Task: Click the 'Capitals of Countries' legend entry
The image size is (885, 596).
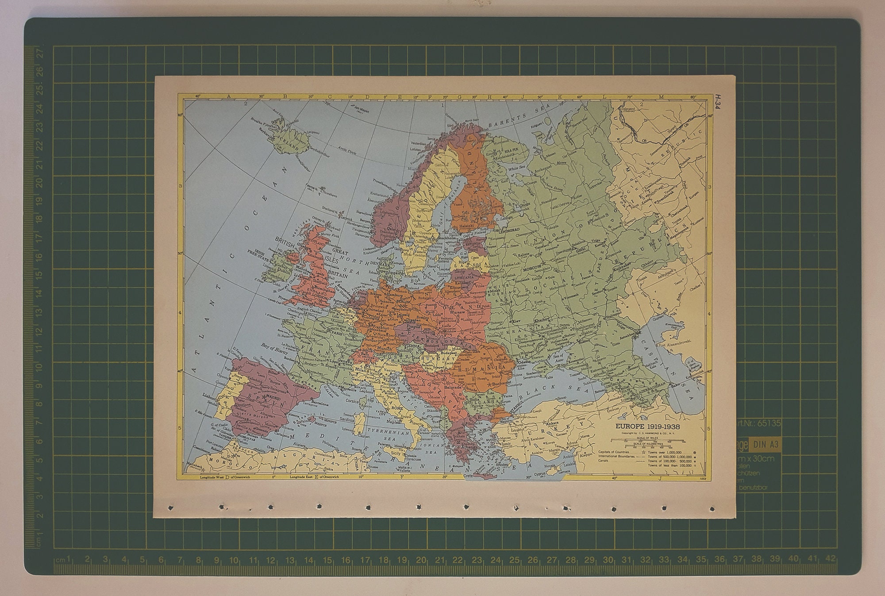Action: pos(613,452)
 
